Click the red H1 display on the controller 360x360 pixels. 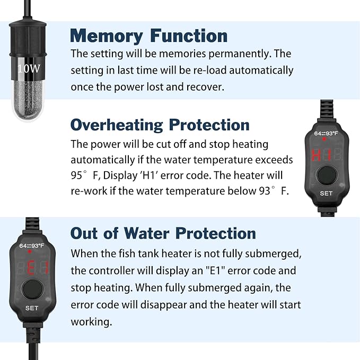321,155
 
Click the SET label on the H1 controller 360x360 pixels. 326,194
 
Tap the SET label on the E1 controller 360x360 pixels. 31,308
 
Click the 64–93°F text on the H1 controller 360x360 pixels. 326,135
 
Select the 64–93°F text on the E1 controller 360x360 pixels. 32,246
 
